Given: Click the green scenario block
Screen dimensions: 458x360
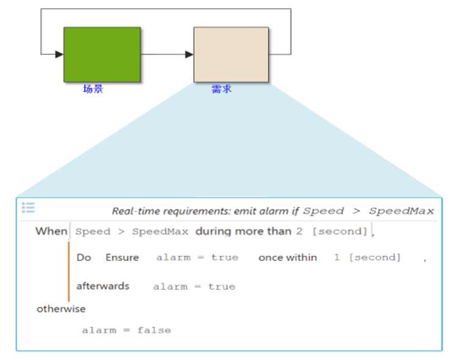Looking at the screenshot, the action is coord(102,55).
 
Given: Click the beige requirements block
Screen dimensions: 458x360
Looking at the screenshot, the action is coord(231,55).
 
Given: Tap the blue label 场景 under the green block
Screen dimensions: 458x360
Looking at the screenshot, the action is coord(93,89).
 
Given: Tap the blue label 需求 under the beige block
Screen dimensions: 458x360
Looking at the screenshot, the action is coord(222,89).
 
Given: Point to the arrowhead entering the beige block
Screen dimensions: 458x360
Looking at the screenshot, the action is coord(189,54).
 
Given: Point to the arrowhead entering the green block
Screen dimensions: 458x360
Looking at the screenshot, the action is coord(59,54).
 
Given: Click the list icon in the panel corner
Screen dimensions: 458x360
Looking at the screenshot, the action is coord(29,208).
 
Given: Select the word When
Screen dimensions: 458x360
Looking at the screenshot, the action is coord(51,231).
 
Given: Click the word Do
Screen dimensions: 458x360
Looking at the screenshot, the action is coord(84,258).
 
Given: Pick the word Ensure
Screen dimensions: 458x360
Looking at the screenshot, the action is coord(122,258).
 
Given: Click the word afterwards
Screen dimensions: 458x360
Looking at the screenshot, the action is coord(103,286).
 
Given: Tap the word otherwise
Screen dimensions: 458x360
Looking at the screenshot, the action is coord(61,309).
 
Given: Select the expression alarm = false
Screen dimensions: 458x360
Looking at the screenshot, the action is coord(127,330).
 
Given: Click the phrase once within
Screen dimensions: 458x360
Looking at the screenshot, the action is coord(287,258).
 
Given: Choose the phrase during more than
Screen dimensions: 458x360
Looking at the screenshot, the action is coord(244,231).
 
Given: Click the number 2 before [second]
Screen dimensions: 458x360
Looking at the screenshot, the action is coord(300,231).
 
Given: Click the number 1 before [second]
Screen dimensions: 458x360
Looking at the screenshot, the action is coord(337,258).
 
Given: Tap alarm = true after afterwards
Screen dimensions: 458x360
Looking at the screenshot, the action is coord(194,286).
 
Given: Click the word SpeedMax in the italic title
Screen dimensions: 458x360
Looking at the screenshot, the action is coord(401,211).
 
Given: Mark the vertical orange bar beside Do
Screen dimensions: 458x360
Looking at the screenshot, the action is coord(69,272).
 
